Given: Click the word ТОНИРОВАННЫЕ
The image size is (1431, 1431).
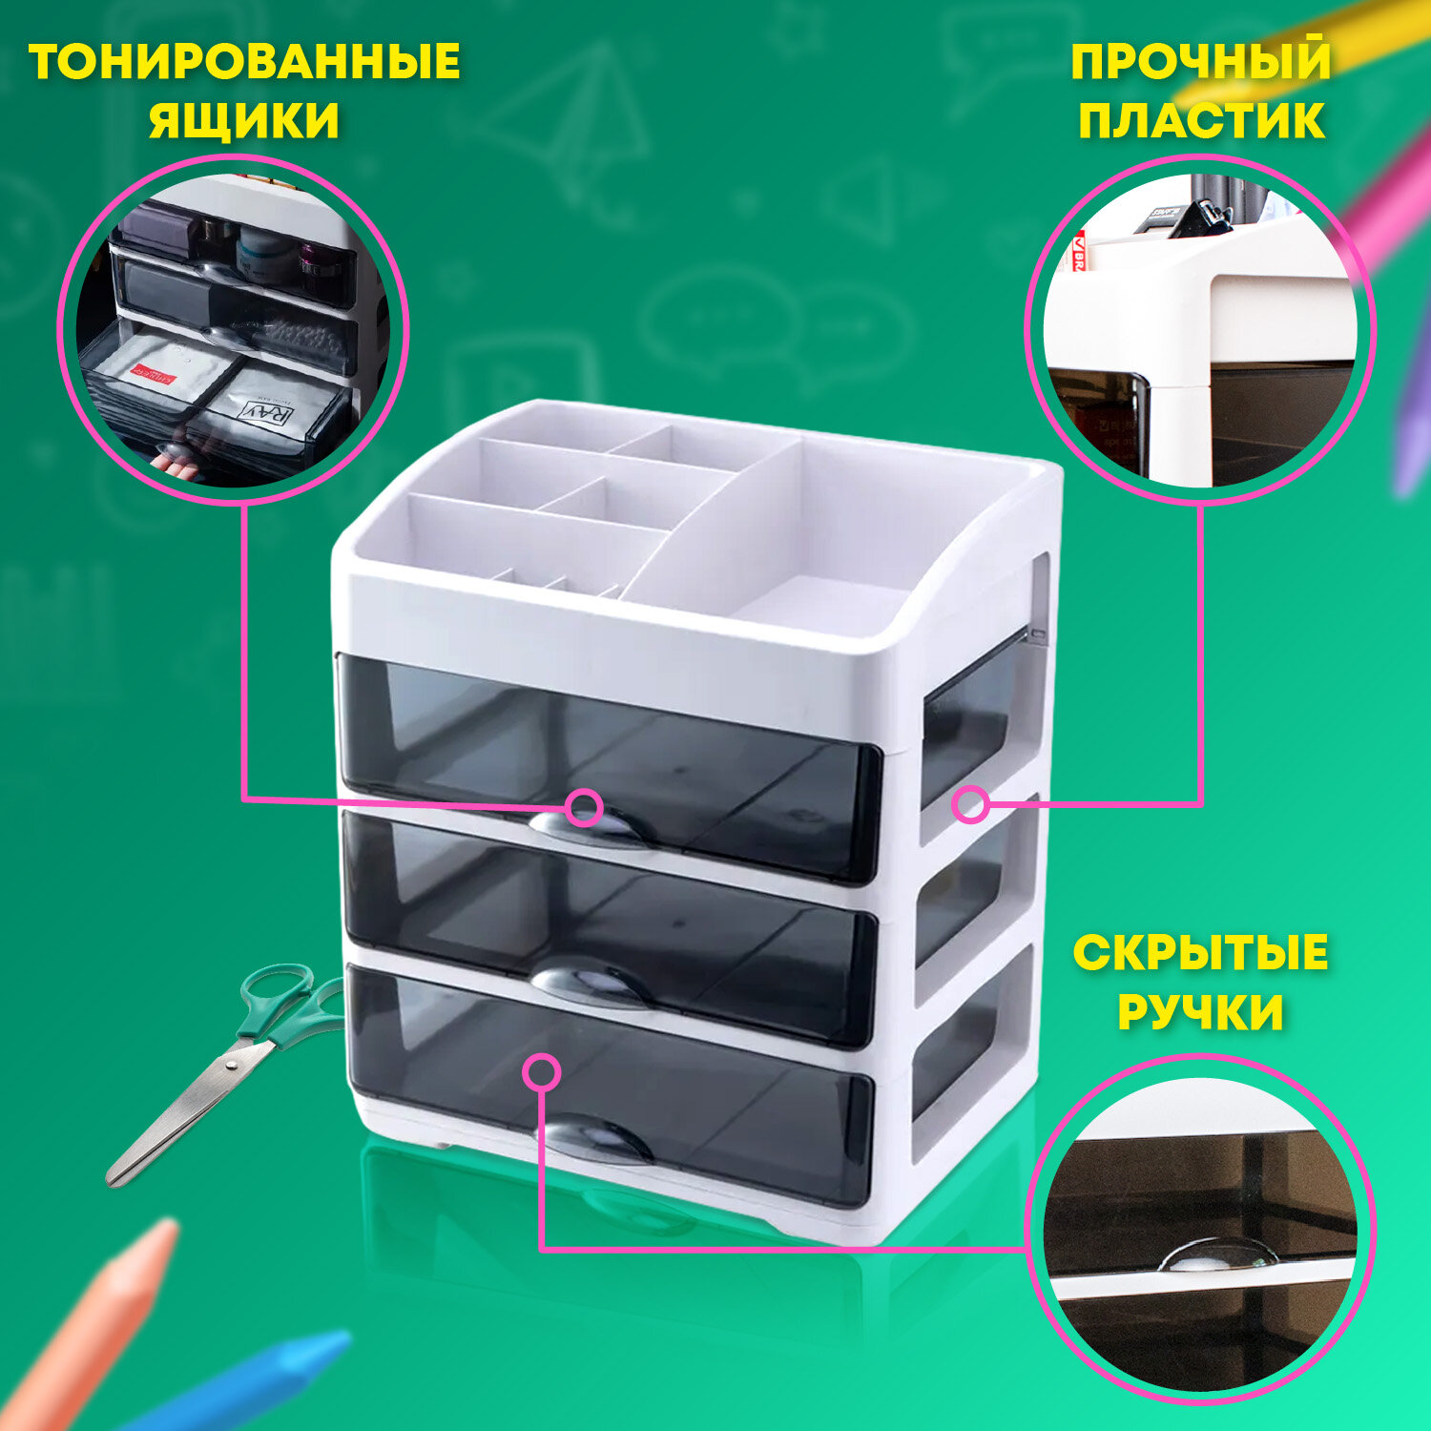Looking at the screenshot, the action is (244, 62).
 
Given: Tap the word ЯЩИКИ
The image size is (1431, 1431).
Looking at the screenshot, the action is (244, 121).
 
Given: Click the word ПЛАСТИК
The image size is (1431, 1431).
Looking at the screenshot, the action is (1201, 121).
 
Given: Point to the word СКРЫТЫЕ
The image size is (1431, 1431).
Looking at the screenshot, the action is (1200, 953).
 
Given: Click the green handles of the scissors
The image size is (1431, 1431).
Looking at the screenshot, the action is (286, 1002).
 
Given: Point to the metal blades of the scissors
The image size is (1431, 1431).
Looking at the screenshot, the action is (186, 1111).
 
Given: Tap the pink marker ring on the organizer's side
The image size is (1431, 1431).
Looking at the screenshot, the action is (971, 804).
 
